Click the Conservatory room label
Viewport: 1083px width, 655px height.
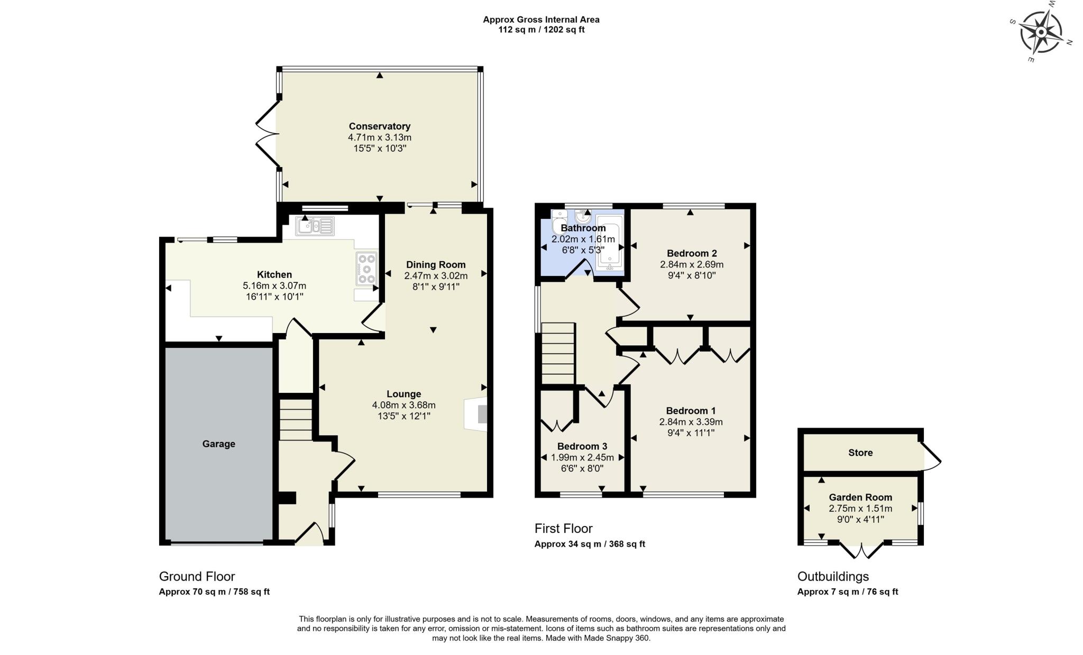click(379, 126)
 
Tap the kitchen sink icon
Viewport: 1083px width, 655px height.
click(316, 226)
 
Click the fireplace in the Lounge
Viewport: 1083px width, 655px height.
click(476, 414)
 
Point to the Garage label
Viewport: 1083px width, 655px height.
click(218, 444)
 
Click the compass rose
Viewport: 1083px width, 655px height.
click(1041, 32)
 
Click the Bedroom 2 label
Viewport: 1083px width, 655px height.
click(691, 253)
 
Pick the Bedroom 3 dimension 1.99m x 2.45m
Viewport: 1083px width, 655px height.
click(582, 458)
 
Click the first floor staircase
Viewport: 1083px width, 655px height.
click(558, 353)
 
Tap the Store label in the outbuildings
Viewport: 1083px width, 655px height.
click(860, 453)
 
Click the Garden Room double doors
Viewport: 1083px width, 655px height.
click(861, 551)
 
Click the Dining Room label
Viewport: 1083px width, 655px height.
click(435, 265)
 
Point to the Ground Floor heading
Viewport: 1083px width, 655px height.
click(197, 576)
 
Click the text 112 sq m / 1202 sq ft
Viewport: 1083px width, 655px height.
click(541, 30)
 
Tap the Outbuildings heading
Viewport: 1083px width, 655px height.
click(832, 576)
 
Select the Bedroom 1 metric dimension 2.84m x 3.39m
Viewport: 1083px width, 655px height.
click(690, 422)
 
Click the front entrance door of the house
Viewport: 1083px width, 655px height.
click(310, 534)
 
